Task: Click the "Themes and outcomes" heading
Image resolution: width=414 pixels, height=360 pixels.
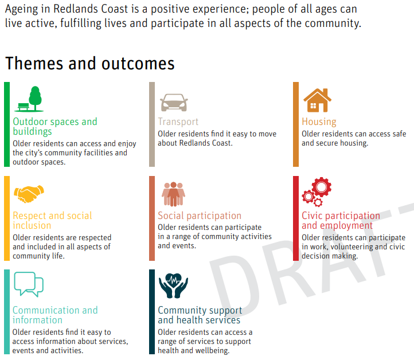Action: pyautogui.click(x=90, y=64)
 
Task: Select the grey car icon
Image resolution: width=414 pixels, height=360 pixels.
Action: pyautogui.click(x=174, y=103)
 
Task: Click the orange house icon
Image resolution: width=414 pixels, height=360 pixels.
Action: pyautogui.click(x=317, y=100)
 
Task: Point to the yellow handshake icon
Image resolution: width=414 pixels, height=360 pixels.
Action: pyautogui.click(x=29, y=194)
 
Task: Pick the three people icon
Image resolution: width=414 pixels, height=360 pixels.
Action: pyautogui.click(x=173, y=194)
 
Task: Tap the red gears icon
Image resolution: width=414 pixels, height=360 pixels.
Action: pyautogui.click(x=317, y=192)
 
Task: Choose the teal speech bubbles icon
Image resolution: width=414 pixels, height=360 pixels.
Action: pyautogui.click(x=29, y=284)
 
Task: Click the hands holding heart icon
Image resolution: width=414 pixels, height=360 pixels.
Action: pyautogui.click(x=173, y=286)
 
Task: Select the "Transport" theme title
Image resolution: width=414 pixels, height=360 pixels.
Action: pyautogui.click(x=178, y=122)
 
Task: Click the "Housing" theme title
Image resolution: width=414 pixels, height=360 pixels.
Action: pyautogui.click(x=319, y=122)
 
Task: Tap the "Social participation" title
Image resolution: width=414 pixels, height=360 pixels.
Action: pyautogui.click(x=200, y=216)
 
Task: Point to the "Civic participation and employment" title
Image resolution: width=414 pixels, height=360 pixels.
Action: pyautogui.click(x=341, y=221)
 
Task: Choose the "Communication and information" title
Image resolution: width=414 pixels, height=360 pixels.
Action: pyautogui.click(x=55, y=315)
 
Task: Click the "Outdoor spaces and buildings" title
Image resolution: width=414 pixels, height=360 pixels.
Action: pyautogui.click(x=55, y=127)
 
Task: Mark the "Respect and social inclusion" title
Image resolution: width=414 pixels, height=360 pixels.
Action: pyautogui.click(x=52, y=221)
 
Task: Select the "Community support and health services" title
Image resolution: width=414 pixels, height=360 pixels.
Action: pyautogui.click(x=200, y=315)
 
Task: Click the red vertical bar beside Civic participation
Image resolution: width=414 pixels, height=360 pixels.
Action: pyautogui.click(x=296, y=218)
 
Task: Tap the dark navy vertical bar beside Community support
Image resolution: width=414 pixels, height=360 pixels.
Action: pyautogui.click(x=152, y=312)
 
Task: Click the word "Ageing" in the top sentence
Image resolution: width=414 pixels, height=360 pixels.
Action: pyautogui.click(x=22, y=10)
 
